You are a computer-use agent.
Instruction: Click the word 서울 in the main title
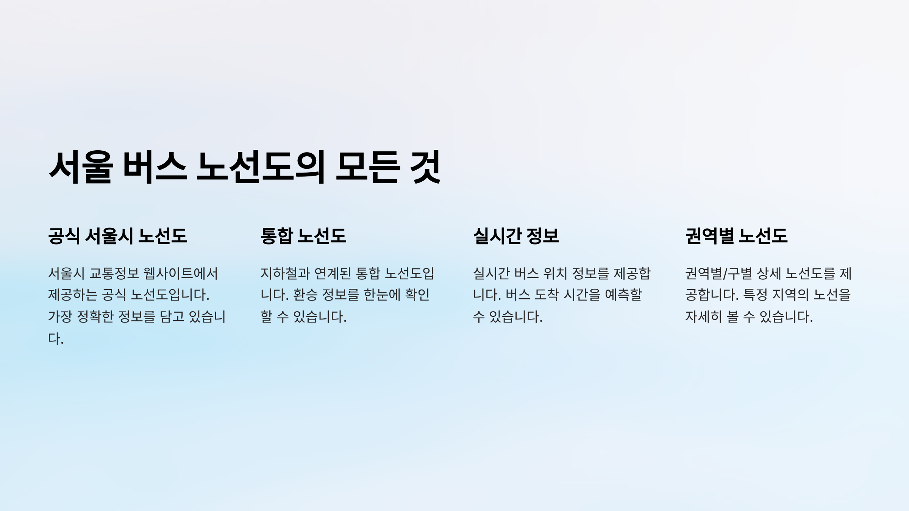[x=81, y=167]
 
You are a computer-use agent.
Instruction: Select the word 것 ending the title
[x=426, y=167]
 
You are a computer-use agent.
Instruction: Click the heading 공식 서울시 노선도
[x=117, y=236]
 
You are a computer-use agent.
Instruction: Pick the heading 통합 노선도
[x=303, y=236]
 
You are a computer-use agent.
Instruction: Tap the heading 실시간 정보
[x=516, y=236]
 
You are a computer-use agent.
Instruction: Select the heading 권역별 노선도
[x=736, y=236]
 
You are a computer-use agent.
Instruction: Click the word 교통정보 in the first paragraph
[x=114, y=273]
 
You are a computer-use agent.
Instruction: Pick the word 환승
[x=305, y=295]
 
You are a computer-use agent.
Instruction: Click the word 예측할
[x=623, y=295]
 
